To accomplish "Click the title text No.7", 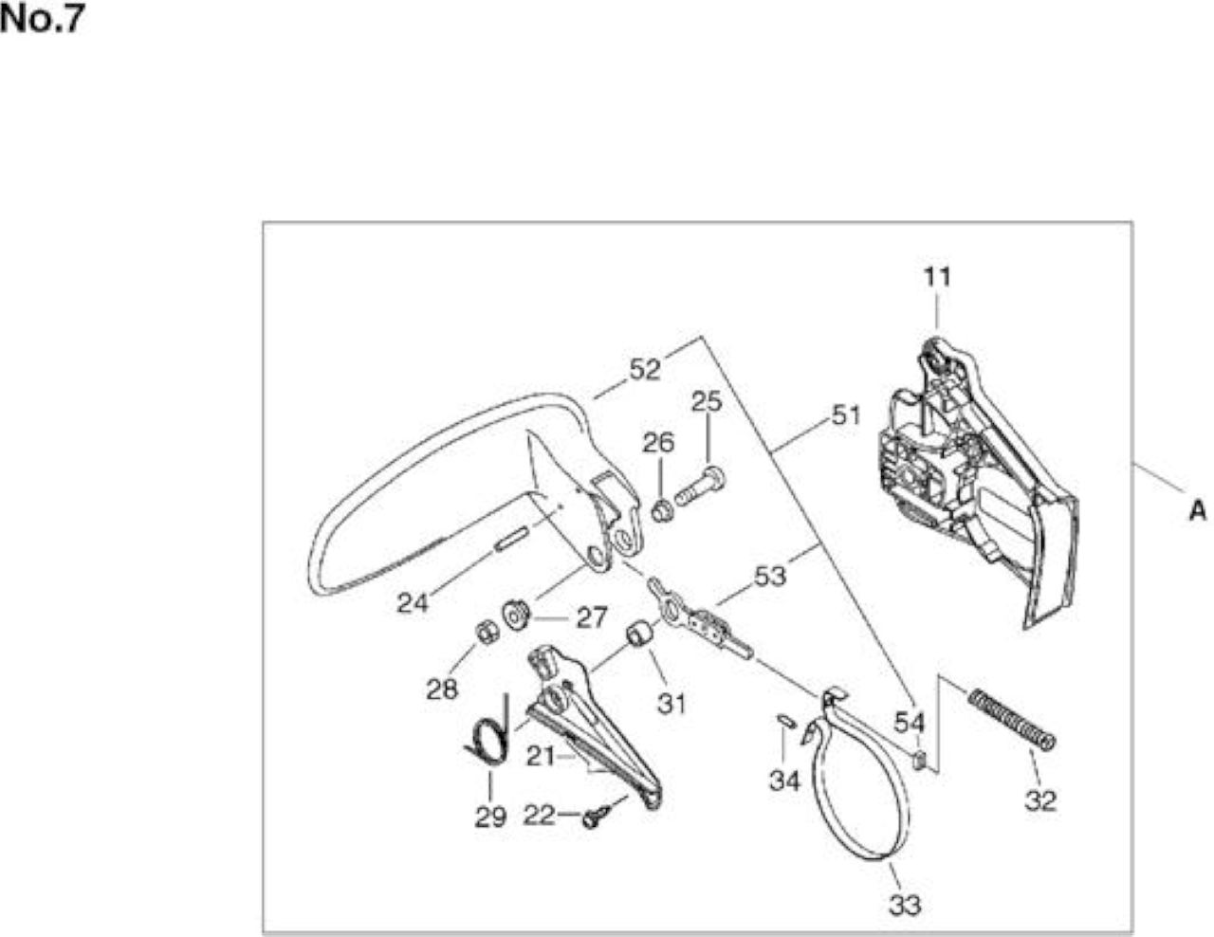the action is coord(42,20).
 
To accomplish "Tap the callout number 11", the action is coord(937,277).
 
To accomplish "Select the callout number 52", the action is coord(645,370).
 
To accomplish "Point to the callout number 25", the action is coord(707,401).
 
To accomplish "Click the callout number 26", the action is coord(658,443).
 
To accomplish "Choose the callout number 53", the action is coord(770,576).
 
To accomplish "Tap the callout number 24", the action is coord(413,603).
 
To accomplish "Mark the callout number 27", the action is coord(592,617).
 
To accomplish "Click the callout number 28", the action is coord(442,689).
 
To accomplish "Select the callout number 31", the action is coord(671,704).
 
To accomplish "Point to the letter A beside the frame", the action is coord(1197,510).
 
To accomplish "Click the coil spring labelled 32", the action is coord(1012,719).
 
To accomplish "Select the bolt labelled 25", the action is coord(701,486).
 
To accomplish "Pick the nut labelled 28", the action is coord(487,632).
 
